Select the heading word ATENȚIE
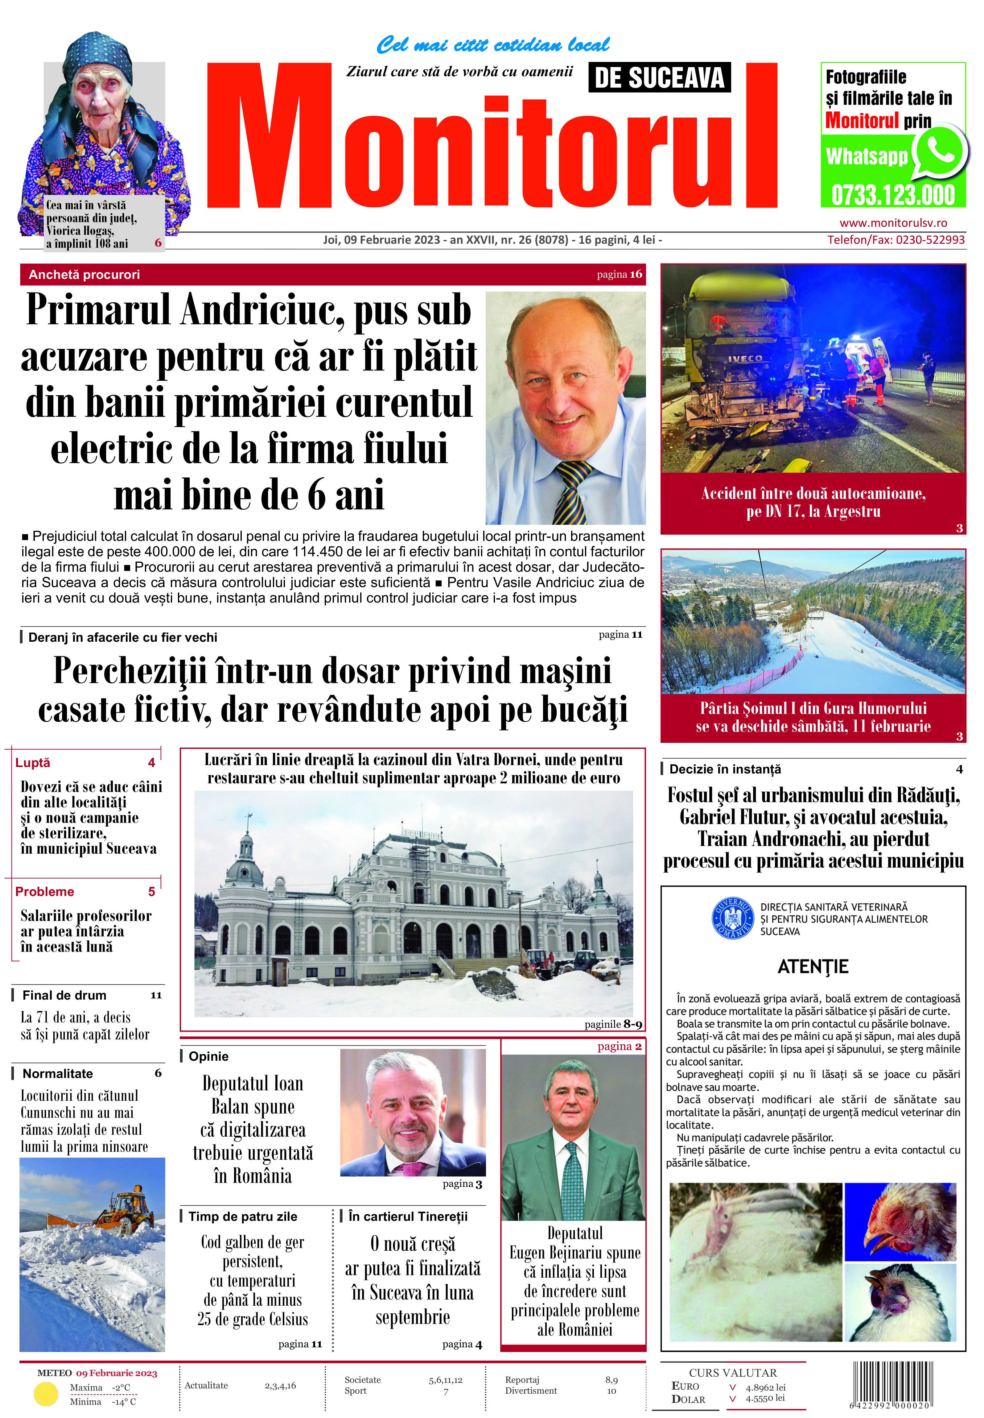(x=813, y=967)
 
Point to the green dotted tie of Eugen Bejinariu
(x=571, y=1179)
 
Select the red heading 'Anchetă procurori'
(x=84, y=275)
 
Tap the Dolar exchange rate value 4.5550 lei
(x=765, y=1398)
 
